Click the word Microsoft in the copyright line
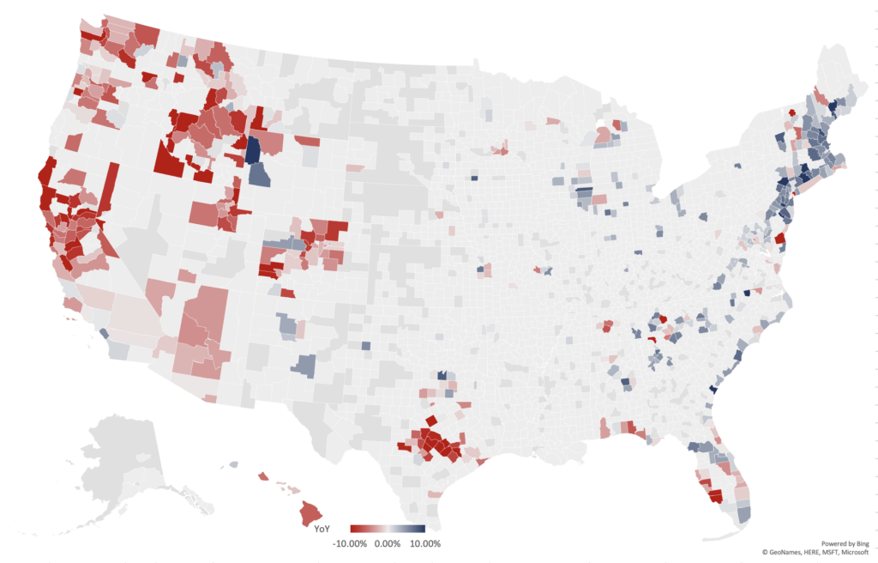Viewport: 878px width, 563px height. [852, 553]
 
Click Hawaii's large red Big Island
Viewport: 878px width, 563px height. [310, 514]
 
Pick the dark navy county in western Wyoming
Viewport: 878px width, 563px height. [253, 149]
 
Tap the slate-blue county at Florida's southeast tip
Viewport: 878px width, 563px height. [743, 513]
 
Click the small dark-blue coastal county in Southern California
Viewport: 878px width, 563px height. [104, 334]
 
